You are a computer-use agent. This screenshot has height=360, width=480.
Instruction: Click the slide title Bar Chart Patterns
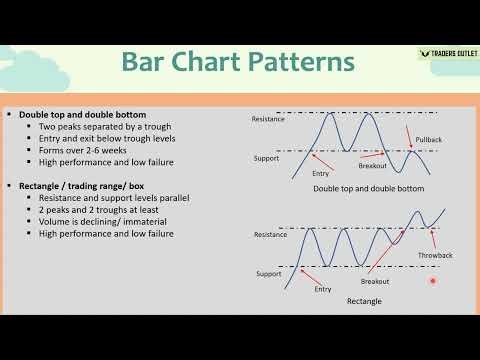tap(237, 62)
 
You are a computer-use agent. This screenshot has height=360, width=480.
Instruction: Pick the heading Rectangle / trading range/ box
tap(85, 186)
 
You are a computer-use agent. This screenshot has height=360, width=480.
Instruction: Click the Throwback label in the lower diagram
tap(436, 256)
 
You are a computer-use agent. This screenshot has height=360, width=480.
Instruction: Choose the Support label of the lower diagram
tap(268, 272)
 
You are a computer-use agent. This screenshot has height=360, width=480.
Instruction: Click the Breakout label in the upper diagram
tap(375, 166)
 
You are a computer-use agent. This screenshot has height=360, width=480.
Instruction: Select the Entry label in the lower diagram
tap(322, 288)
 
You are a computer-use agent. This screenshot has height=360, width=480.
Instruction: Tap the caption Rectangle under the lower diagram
tap(364, 300)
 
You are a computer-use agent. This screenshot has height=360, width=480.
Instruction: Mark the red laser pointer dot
tap(433, 282)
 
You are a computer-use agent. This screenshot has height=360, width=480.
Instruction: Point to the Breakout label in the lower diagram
tap(375, 282)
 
